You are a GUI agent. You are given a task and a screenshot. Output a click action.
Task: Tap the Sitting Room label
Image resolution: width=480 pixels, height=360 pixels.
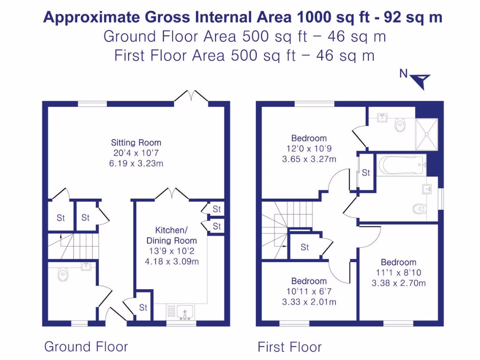[136, 142]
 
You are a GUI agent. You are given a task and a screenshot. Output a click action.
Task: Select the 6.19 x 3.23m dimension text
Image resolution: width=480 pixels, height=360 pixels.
[136, 164]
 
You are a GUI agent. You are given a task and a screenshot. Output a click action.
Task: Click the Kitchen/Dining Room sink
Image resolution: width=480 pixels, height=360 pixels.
[184, 311]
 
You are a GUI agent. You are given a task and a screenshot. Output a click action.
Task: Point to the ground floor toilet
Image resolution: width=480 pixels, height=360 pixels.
[63, 274]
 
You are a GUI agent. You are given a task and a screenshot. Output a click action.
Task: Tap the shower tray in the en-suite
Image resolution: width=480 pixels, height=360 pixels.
[427, 135]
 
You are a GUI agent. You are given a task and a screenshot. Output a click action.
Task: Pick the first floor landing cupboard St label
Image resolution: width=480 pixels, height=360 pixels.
[305, 247]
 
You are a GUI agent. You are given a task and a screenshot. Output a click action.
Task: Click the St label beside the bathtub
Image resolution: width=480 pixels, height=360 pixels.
[366, 173]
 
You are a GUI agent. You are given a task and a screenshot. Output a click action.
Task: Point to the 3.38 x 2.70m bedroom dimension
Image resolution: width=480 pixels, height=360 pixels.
[398, 283]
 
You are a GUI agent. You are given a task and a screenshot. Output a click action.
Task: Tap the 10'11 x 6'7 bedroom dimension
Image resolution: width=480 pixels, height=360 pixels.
[309, 292]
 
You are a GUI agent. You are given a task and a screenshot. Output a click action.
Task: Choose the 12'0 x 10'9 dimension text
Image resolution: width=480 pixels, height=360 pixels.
[309, 149]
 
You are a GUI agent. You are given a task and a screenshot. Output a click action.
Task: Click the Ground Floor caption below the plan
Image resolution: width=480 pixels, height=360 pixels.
[86, 347]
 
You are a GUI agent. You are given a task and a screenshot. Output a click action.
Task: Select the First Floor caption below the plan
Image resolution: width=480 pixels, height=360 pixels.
[290, 347]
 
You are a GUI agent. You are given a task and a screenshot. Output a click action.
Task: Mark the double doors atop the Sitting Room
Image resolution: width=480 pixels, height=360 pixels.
[191, 96]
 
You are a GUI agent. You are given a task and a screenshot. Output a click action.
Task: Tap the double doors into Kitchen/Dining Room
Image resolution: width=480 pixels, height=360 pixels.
[172, 194]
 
